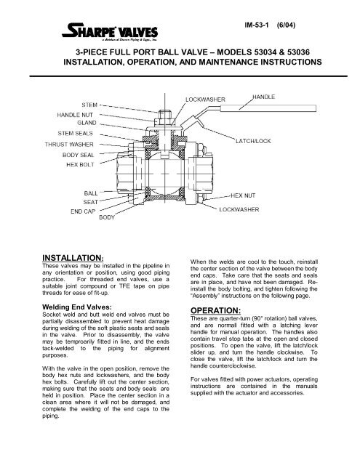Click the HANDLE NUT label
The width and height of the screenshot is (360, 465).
[79, 115]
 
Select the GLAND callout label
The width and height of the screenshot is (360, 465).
[85, 124]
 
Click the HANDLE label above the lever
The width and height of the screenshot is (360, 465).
[267, 96]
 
